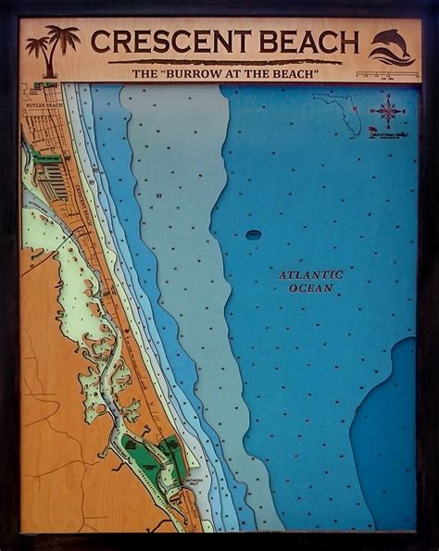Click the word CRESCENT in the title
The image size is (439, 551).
pyautogui.click(x=165, y=43)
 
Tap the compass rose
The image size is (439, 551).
pyautogui.click(x=388, y=111)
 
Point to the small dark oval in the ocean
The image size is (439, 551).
pyautogui.click(x=253, y=234)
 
